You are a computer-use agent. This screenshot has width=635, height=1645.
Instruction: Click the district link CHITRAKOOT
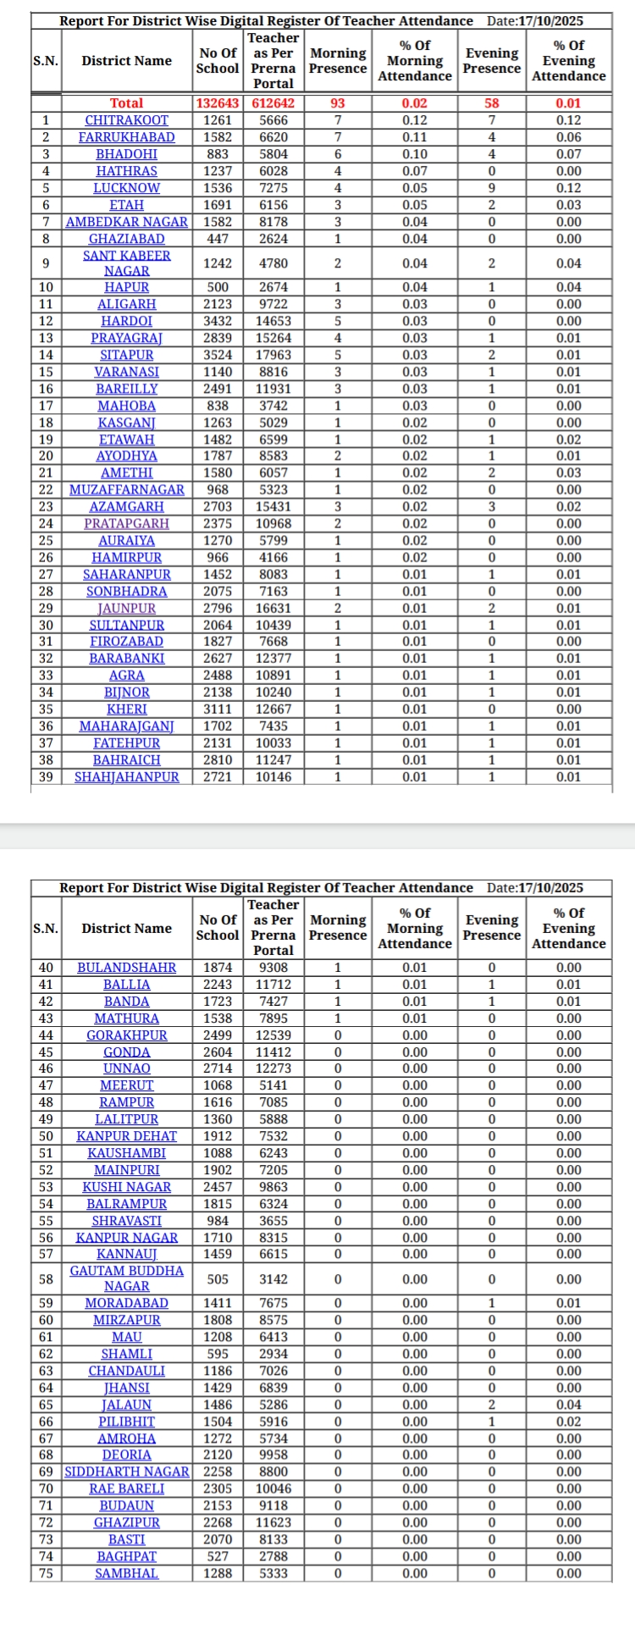(x=126, y=120)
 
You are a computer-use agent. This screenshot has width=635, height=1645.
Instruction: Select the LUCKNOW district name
(x=126, y=188)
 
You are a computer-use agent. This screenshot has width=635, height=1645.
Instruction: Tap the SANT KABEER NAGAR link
(x=126, y=263)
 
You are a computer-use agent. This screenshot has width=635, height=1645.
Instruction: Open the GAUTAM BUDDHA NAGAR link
(x=126, y=1278)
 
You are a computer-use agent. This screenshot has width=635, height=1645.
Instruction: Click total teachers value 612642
(x=273, y=103)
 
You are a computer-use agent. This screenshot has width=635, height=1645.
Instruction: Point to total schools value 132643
(x=218, y=103)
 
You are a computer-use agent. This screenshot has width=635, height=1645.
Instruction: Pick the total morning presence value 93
(x=338, y=103)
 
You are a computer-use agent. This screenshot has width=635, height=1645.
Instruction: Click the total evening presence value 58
(x=492, y=103)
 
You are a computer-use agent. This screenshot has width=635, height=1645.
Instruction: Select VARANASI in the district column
(x=126, y=372)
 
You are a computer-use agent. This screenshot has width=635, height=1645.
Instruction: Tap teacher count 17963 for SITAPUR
(x=273, y=355)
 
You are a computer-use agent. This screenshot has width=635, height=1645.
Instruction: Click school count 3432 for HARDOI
(x=218, y=321)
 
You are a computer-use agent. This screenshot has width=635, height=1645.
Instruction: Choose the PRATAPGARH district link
(x=126, y=523)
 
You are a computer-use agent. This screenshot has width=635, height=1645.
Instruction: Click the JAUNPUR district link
(x=126, y=608)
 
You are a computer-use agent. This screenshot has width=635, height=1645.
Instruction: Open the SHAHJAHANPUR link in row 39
(x=126, y=776)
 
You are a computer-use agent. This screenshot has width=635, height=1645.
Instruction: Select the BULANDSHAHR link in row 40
(x=126, y=968)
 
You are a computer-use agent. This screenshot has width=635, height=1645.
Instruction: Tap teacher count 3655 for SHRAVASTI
(x=273, y=1221)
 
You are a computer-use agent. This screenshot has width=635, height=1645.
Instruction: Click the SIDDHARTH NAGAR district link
(x=126, y=1471)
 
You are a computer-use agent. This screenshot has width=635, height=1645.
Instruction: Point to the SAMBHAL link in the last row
(x=126, y=1573)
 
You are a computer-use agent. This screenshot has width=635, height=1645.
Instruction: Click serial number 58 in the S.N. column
(x=46, y=1278)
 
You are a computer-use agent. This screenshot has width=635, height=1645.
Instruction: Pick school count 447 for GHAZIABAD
(x=218, y=239)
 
